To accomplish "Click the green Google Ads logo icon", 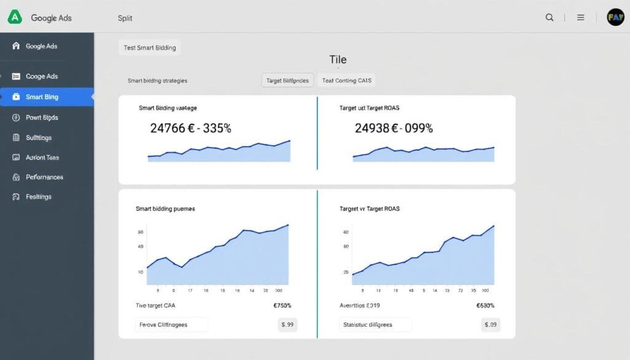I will click(15, 17).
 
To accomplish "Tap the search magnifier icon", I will click(549, 18).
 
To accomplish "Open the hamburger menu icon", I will click(580, 18).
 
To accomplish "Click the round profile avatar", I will click(615, 17).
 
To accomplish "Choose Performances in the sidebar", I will click(44, 177).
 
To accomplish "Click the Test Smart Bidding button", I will click(150, 48).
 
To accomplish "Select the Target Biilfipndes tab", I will click(288, 81).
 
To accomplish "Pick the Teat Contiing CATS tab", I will click(346, 81).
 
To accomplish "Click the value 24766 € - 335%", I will click(191, 129).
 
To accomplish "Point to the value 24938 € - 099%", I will click(394, 129).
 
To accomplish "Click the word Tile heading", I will click(338, 60).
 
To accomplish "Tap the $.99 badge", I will click(287, 324).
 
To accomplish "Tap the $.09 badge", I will click(490, 324).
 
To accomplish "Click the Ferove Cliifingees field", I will click(172, 324).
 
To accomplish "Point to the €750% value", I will click(281, 305).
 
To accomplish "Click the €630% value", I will click(485, 305).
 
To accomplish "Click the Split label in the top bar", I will click(125, 18).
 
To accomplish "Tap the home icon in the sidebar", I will click(16, 46).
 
